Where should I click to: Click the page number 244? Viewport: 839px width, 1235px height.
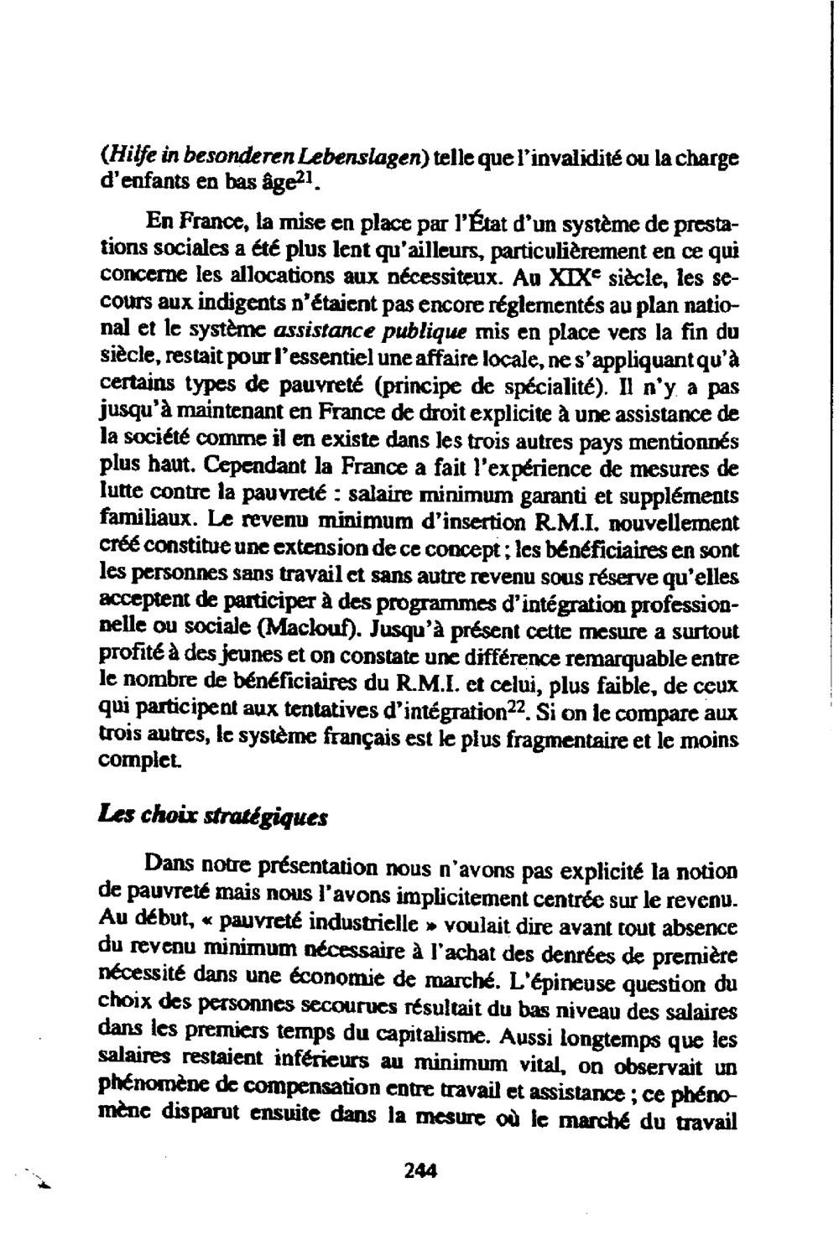click(x=420, y=1172)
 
